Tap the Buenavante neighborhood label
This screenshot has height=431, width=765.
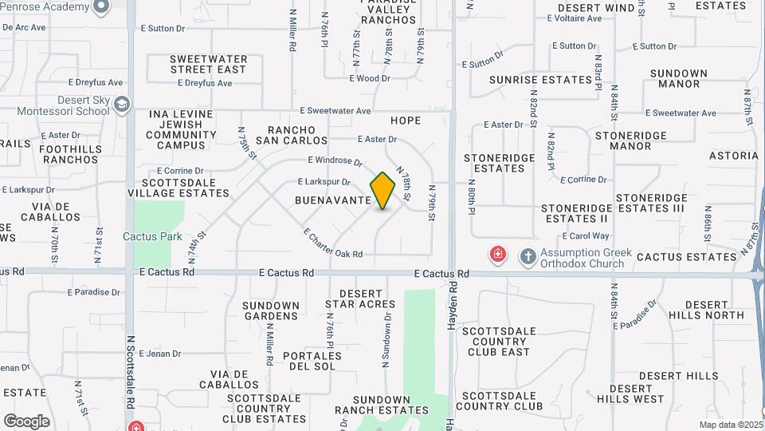(x=335, y=200)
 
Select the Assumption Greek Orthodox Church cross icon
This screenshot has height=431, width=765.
(x=528, y=256)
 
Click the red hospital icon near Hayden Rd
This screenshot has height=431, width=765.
(x=497, y=255)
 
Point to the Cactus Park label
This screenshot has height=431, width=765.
(x=152, y=236)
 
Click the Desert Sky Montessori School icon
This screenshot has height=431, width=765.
(x=121, y=104)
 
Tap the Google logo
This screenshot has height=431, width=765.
(x=26, y=421)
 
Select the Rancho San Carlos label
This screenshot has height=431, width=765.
(x=297, y=136)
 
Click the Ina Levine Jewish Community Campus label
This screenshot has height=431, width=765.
(x=182, y=130)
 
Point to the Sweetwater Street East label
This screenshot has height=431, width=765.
(x=208, y=65)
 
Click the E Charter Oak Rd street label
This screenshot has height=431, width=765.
(x=333, y=243)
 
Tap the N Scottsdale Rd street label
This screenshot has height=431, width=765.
(x=130, y=371)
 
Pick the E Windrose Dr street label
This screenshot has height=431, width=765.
(x=335, y=161)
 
